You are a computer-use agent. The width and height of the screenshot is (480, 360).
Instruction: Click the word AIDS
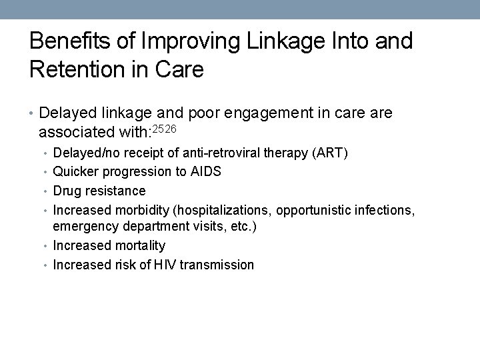point(205,171)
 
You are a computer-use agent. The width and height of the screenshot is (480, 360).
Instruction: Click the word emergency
point(81,227)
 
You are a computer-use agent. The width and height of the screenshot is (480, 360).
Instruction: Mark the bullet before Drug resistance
point(46,190)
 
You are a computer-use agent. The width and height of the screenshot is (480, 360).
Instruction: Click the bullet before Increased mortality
point(46,246)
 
